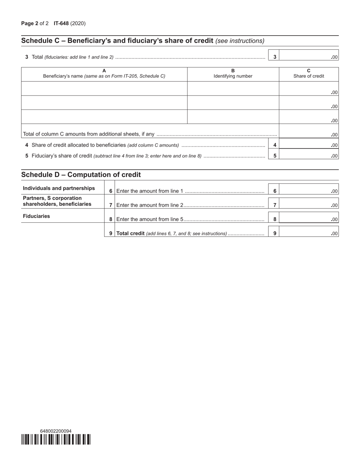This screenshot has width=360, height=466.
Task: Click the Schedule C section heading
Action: tap(142, 41)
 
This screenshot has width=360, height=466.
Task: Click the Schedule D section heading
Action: tap(81, 175)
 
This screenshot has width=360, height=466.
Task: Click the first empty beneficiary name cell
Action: tap(104, 89)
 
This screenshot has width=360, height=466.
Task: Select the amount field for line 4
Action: tap(308, 144)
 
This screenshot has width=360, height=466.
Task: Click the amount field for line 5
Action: tap(308, 155)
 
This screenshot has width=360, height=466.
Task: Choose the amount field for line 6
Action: tap(308, 191)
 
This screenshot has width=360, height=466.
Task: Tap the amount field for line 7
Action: tap(308, 205)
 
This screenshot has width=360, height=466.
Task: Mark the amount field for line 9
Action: tap(308, 233)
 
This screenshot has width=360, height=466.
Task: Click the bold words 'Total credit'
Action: tap(130, 233)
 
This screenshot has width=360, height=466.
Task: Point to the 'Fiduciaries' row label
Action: tap(36, 216)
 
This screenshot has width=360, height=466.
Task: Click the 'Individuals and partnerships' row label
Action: tap(59, 188)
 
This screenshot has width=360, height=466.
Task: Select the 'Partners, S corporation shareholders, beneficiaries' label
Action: tap(57, 201)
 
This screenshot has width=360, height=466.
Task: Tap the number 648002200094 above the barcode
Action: tap(56, 431)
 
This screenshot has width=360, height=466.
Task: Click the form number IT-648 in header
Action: tap(61, 23)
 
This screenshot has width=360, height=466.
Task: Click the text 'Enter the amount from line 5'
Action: tap(150, 219)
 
